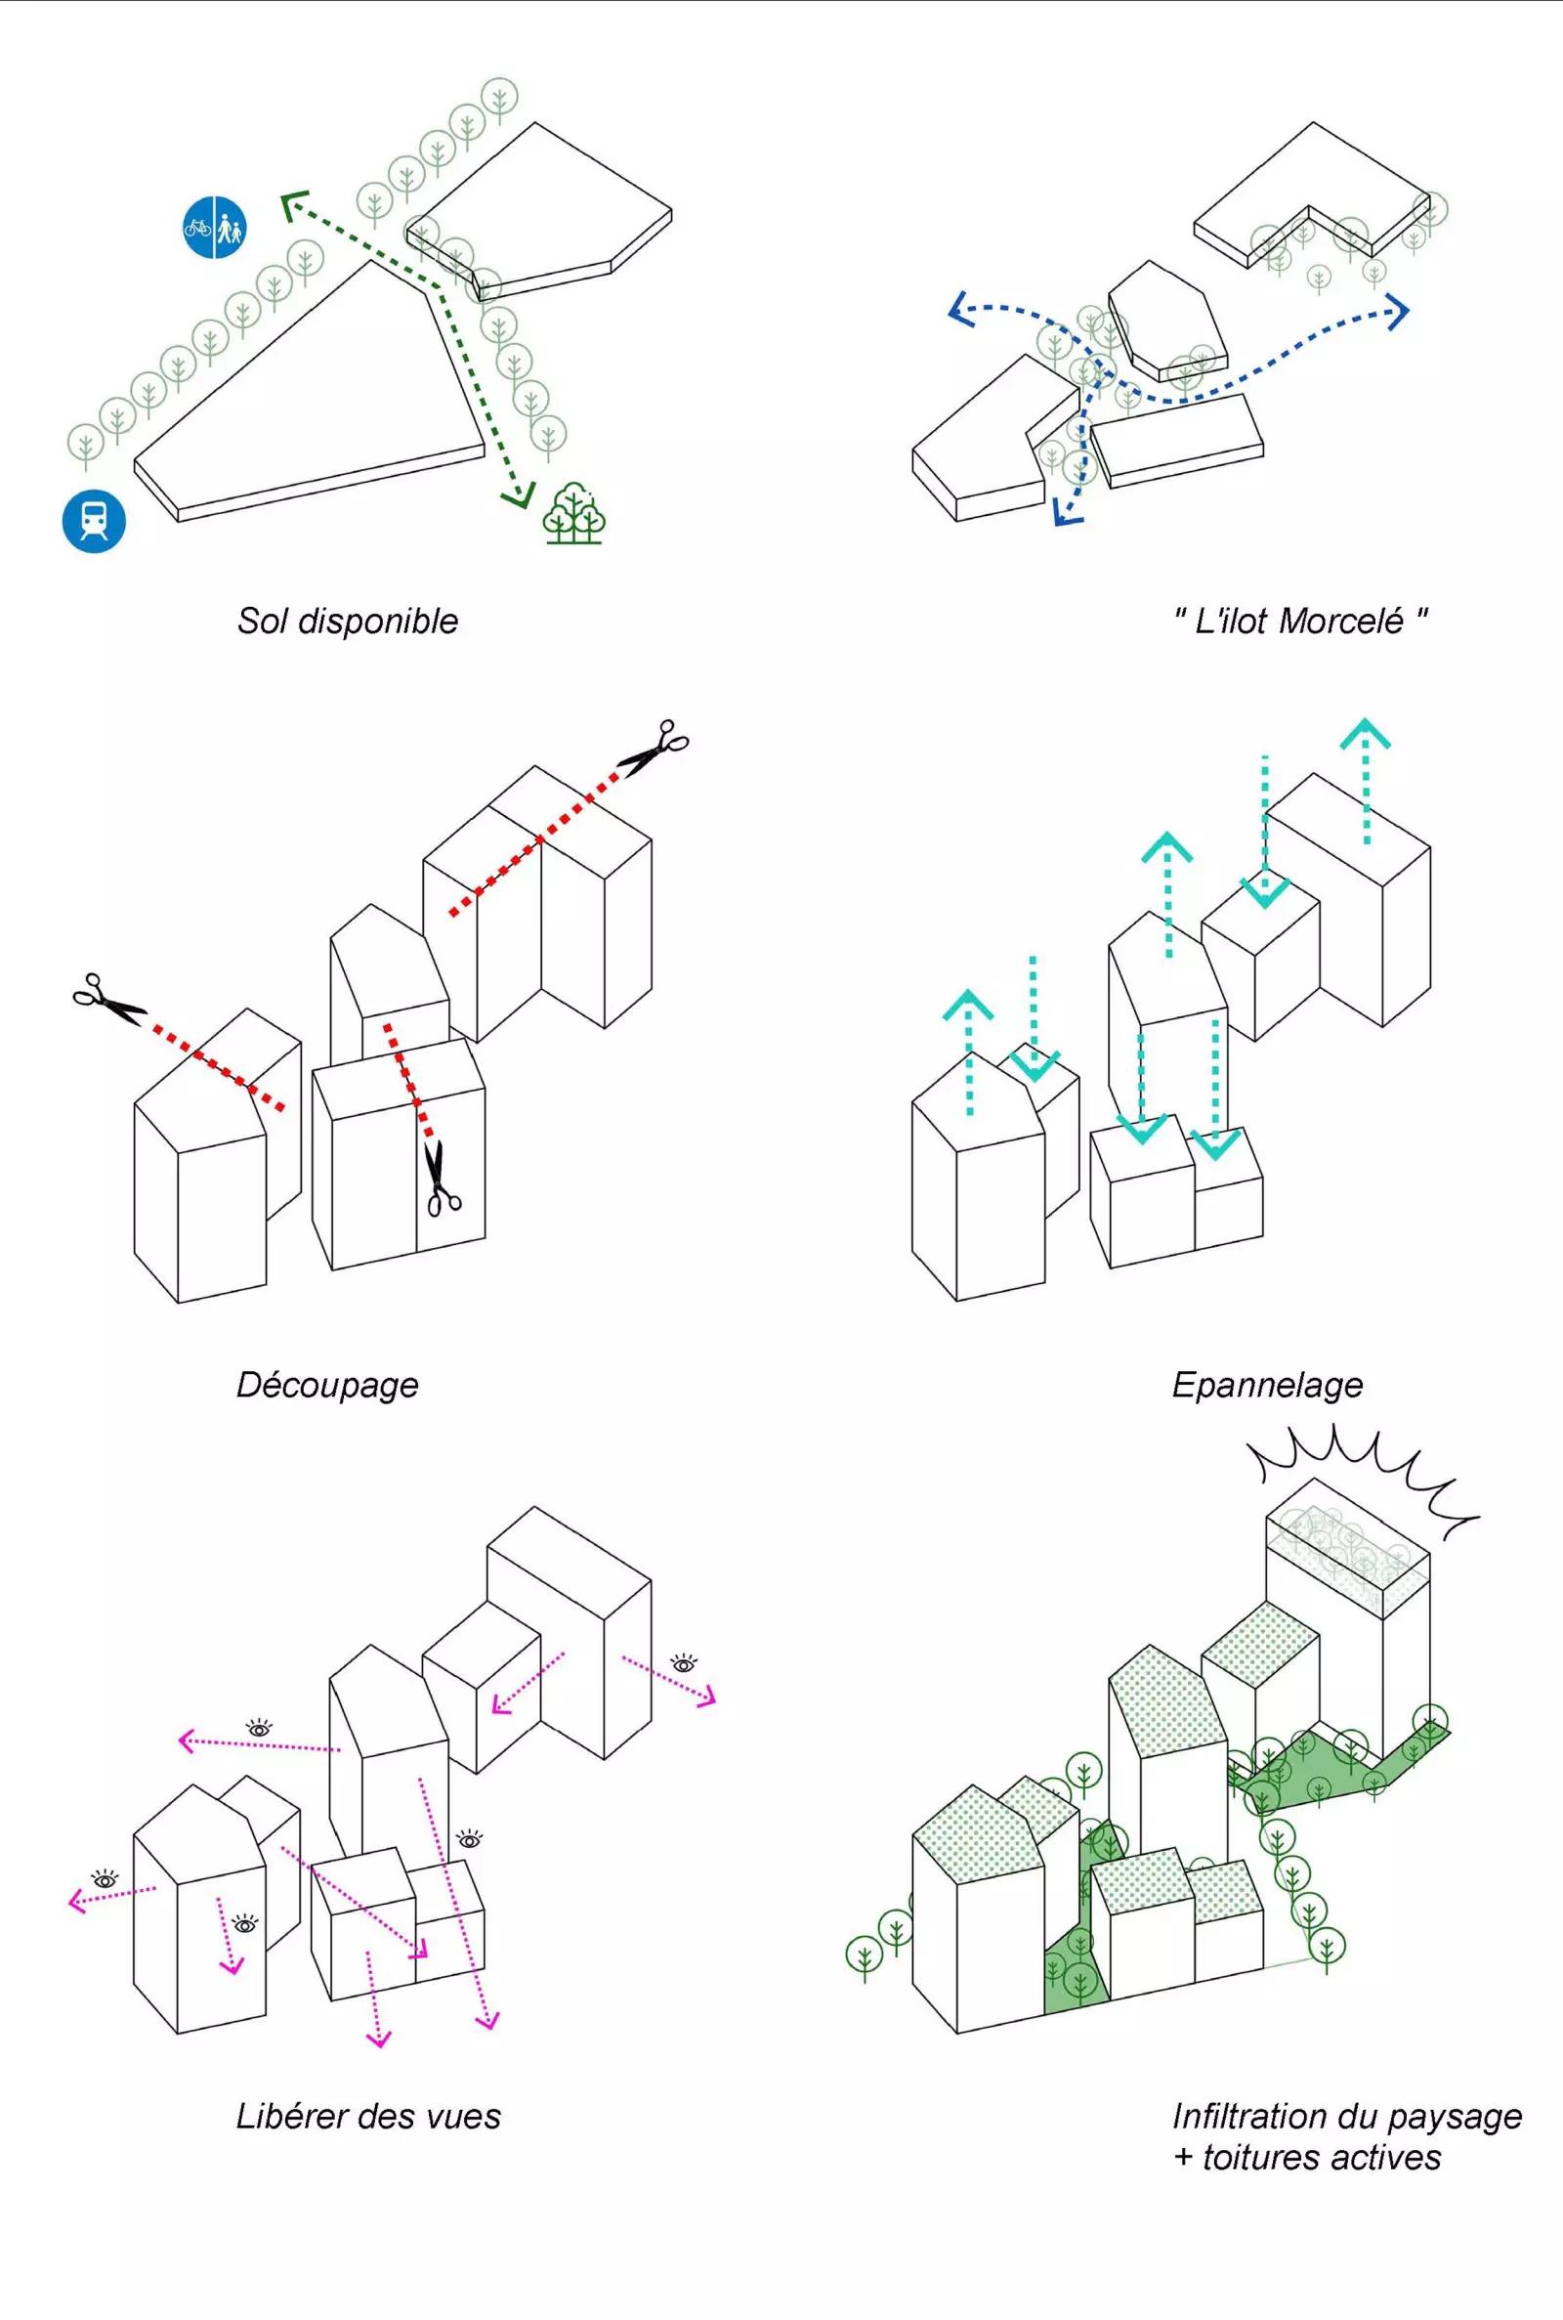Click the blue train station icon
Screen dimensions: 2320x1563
[94, 521]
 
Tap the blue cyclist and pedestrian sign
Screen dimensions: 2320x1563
[214, 229]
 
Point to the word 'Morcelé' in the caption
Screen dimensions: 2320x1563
[1339, 622]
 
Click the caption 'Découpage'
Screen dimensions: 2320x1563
[327, 1384]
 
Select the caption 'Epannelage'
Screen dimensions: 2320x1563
[1266, 1384]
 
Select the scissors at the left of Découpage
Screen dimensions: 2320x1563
[107, 1000]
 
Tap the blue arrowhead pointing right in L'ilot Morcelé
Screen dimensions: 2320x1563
[1398, 312]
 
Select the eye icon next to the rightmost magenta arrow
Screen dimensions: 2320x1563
[684, 1663]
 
